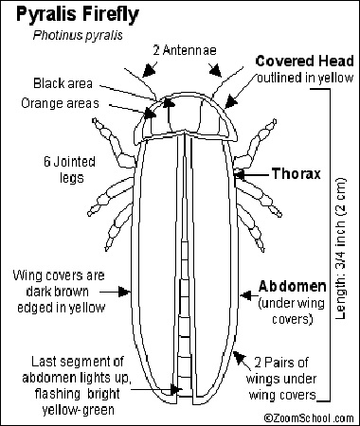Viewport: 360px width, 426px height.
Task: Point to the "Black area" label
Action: (x=65, y=82)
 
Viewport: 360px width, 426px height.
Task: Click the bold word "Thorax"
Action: (x=295, y=174)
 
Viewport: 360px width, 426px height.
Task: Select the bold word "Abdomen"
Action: (x=293, y=285)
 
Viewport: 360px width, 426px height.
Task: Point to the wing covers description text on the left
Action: (x=59, y=291)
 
